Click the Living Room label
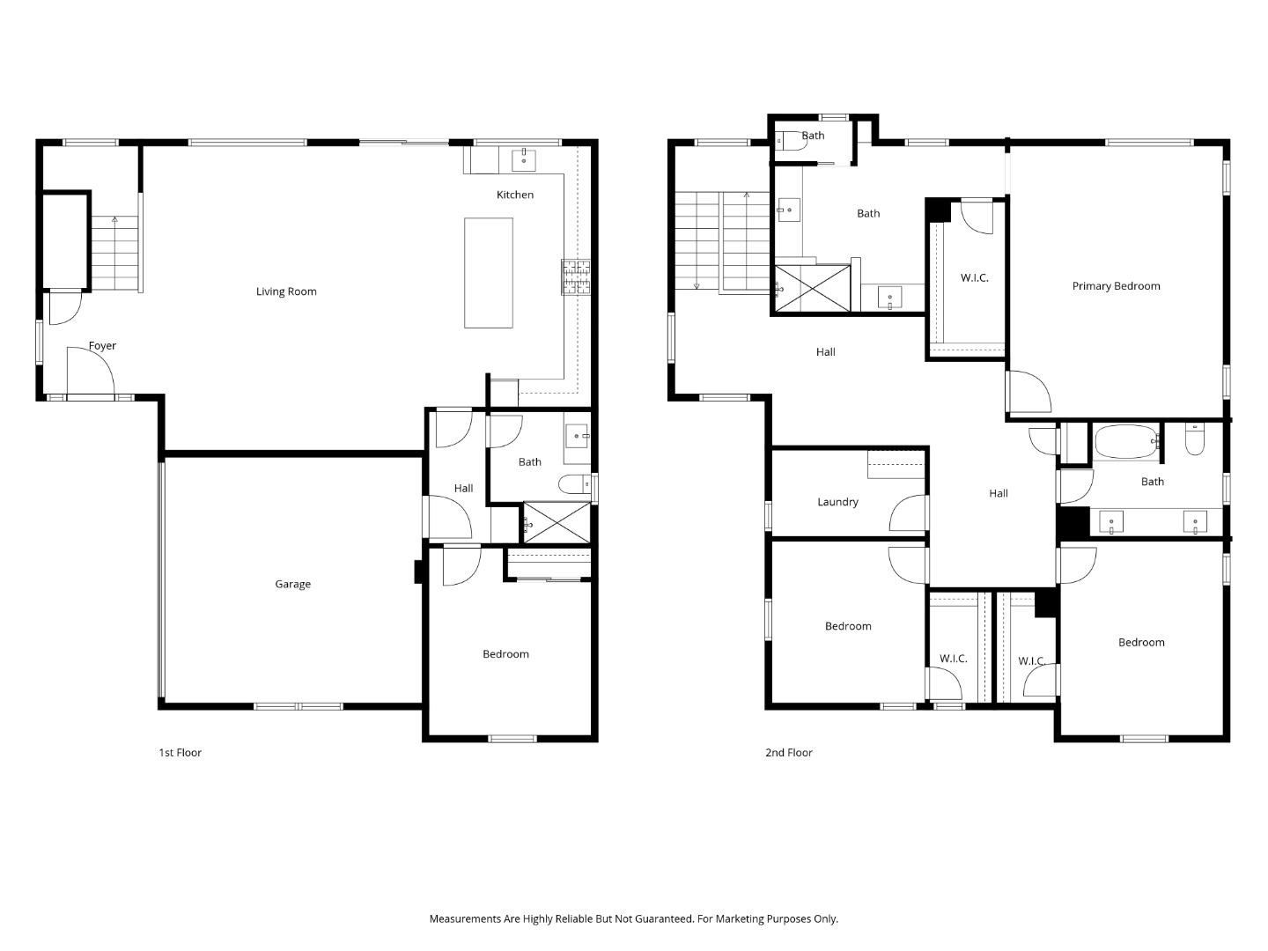[286, 291]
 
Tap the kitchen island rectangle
[489, 273]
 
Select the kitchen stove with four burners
[577, 276]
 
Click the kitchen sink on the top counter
[524, 159]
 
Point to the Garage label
[292, 584]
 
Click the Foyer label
[102, 346]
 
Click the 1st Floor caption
[180, 753]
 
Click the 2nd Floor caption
[788, 753]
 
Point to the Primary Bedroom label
[1116, 286]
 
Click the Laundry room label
[837, 502]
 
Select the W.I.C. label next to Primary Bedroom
[974, 278]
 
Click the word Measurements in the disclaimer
[465, 919]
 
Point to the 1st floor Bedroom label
[505, 654]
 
